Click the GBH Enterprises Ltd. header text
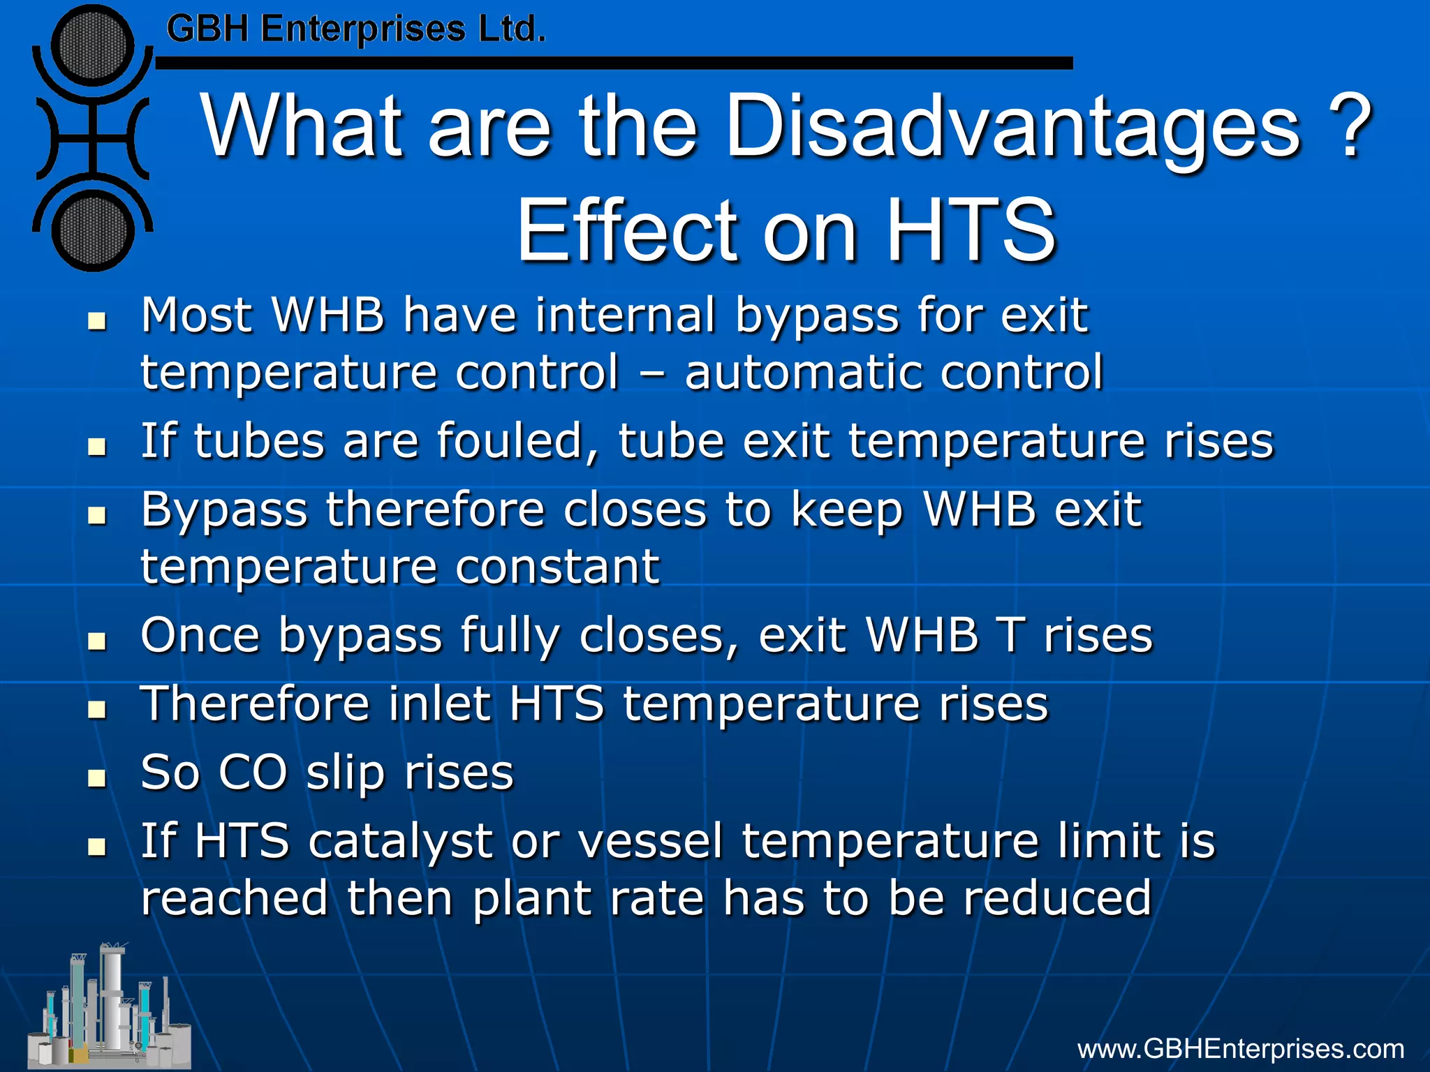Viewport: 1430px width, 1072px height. (355, 30)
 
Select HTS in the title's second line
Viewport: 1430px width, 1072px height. (971, 230)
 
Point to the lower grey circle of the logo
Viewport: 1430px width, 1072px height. (92, 230)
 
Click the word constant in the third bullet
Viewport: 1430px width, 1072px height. (557, 567)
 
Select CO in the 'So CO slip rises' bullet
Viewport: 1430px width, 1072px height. (253, 773)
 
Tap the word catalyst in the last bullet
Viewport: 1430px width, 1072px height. (401, 841)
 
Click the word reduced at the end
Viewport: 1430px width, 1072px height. (1056, 898)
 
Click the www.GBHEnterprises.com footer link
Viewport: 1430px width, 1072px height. (1240, 1049)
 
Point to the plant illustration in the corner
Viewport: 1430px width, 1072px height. (108, 1008)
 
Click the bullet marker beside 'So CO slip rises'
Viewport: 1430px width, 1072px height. (97, 778)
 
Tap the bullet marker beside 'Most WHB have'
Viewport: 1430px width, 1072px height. (97, 322)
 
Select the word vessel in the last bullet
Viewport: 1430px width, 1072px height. (649, 841)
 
